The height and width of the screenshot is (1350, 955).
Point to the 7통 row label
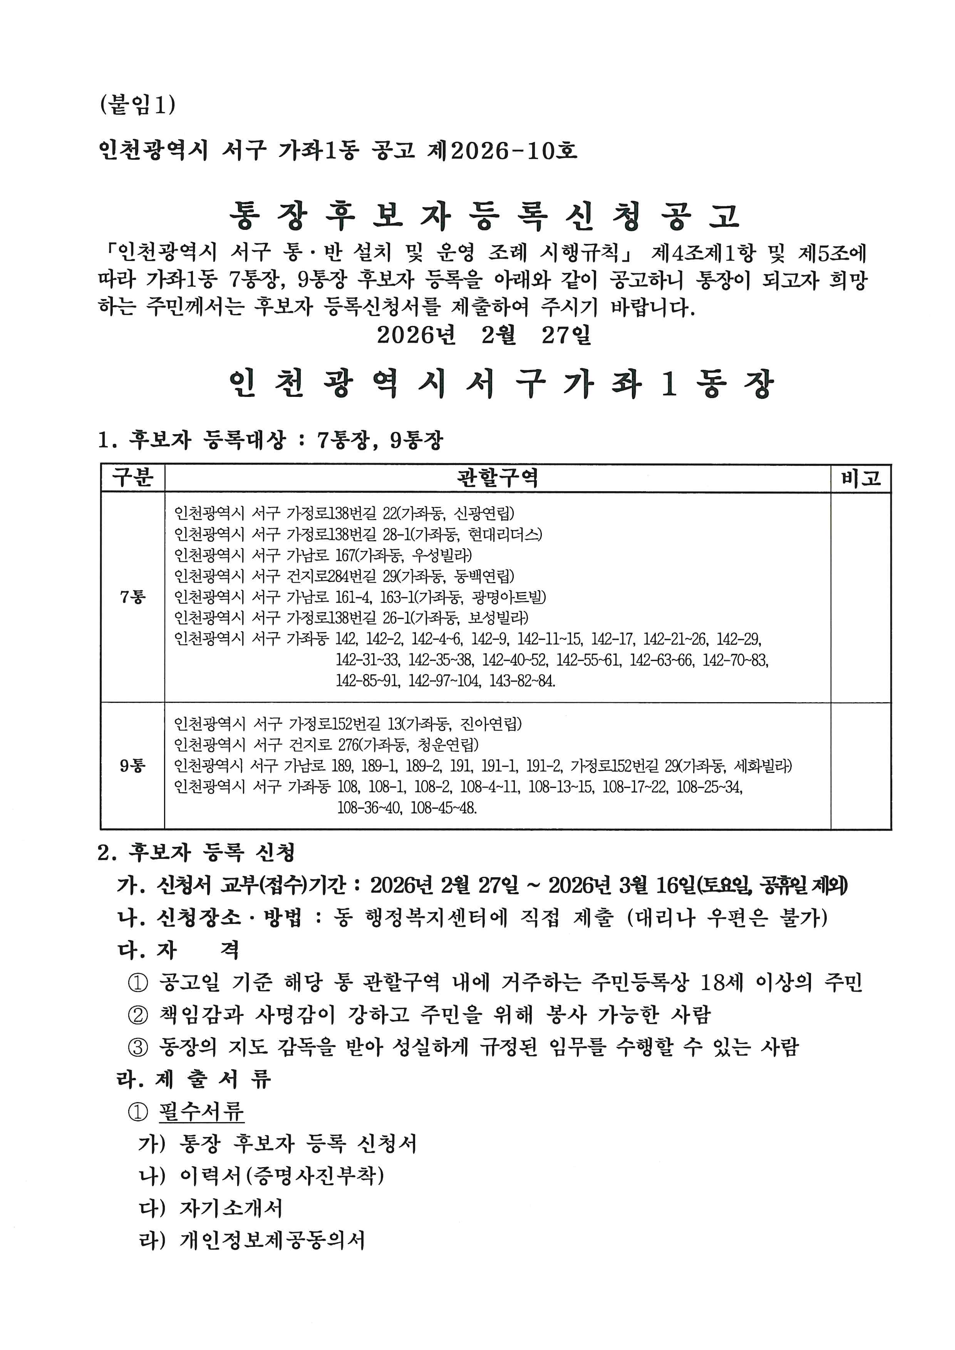(133, 597)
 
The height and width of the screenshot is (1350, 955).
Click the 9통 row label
(133, 766)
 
